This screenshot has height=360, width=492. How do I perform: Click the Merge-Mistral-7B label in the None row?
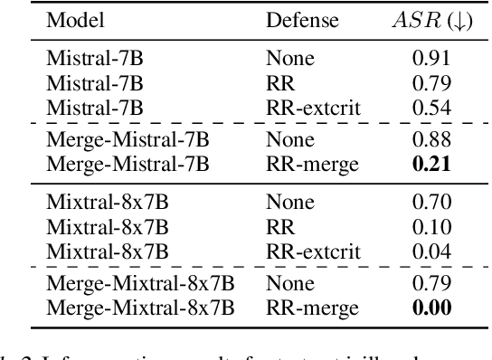128,140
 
